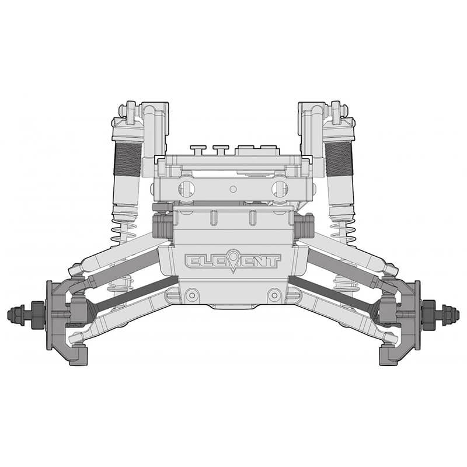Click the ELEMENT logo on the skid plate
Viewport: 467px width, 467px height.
233,261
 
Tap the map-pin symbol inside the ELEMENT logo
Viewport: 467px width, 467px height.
233,260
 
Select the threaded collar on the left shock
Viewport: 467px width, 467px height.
127,159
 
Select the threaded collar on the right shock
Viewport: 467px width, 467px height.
339,159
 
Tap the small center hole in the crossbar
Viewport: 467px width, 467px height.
233,189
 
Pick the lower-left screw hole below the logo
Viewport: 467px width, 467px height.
191,296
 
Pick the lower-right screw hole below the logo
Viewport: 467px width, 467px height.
274,296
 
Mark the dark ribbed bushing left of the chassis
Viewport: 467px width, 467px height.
162,226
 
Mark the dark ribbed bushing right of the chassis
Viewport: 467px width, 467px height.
305,226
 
